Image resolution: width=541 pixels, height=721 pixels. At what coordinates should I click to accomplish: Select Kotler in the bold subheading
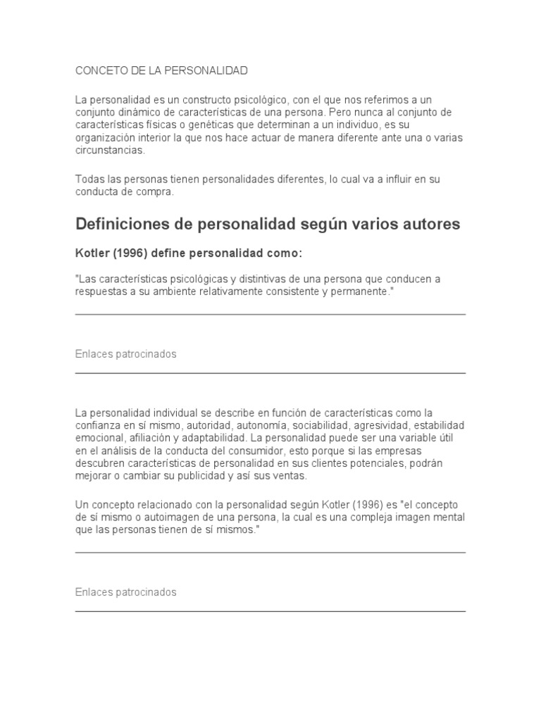92,253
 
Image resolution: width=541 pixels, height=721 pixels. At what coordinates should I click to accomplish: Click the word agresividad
378,425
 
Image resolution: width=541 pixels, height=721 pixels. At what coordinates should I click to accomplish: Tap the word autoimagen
157,518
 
